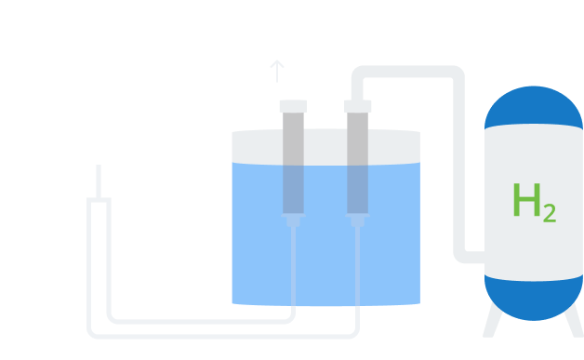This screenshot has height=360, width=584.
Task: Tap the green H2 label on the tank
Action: pos(533,202)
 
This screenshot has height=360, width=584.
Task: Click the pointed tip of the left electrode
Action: pos(293,221)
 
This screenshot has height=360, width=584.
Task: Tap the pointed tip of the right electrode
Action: pos(358,221)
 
